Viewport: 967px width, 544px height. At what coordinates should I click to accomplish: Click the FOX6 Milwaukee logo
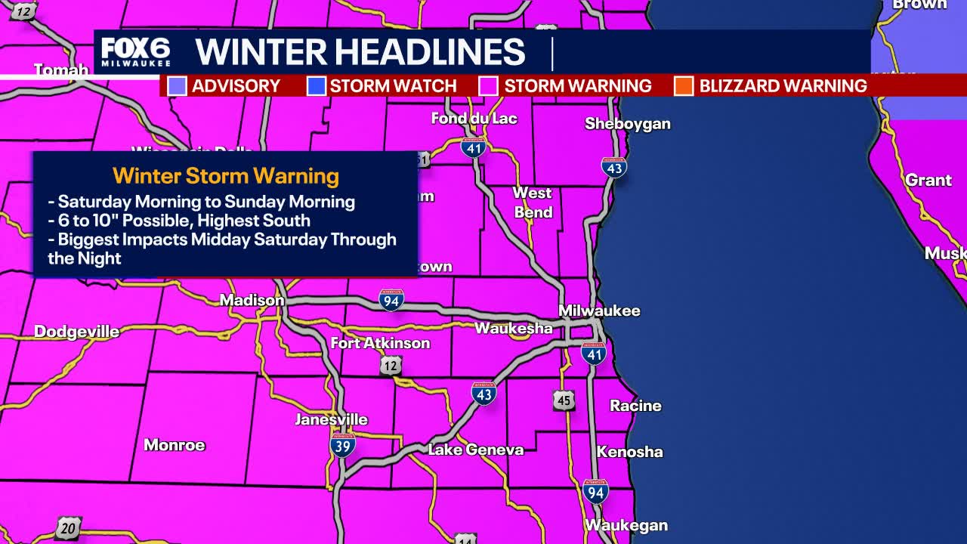pyautogui.click(x=136, y=51)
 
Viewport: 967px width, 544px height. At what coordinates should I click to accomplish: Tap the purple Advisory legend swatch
pyautogui.click(x=177, y=86)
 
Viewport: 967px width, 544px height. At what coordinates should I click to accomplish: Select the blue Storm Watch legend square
pyautogui.click(x=316, y=86)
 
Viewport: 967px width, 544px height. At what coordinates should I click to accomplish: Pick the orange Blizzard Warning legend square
pyautogui.click(x=684, y=86)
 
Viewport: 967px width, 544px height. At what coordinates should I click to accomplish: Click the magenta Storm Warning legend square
pyautogui.click(x=489, y=86)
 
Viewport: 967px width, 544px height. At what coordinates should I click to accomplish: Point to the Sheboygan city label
pyautogui.click(x=628, y=124)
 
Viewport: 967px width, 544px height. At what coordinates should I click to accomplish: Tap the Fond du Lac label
pyautogui.click(x=474, y=118)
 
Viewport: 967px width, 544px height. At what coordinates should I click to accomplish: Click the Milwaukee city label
pyautogui.click(x=599, y=311)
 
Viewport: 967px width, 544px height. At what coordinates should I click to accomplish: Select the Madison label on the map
pyautogui.click(x=252, y=301)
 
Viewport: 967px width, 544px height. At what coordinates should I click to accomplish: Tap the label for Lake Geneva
pyautogui.click(x=475, y=450)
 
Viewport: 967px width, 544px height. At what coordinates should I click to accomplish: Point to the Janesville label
pyautogui.click(x=331, y=419)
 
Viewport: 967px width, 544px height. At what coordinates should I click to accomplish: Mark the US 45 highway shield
pyautogui.click(x=564, y=400)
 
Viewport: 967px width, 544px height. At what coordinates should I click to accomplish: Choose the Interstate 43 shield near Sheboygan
pyautogui.click(x=614, y=168)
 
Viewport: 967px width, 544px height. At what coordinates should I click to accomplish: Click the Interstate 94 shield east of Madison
pyautogui.click(x=391, y=300)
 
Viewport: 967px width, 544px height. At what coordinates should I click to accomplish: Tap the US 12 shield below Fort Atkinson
pyautogui.click(x=391, y=366)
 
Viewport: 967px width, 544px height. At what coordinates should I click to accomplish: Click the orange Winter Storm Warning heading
pyautogui.click(x=226, y=176)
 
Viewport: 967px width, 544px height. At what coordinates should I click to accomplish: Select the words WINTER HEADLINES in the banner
pyautogui.click(x=360, y=51)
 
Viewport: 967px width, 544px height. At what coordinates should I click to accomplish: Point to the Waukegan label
pyautogui.click(x=626, y=525)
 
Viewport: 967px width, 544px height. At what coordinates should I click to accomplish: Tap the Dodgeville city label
pyautogui.click(x=76, y=332)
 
